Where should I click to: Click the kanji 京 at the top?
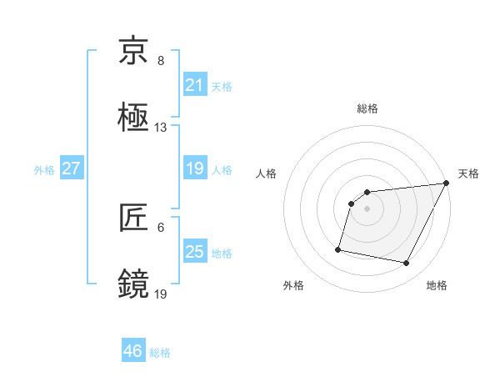click(x=134, y=53)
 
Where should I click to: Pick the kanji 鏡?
click(x=134, y=284)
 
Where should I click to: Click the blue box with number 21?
click(x=194, y=85)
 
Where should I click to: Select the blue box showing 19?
click(x=194, y=168)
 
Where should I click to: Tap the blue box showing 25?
click(x=194, y=252)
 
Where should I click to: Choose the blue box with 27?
click(x=71, y=168)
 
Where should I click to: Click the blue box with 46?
click(x=132, y=351)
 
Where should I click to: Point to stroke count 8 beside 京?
click(x=161, y=61)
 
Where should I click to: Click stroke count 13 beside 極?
click(x=161, y=128)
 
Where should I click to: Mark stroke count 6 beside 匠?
click(x=161, y=227)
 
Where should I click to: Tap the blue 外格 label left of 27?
click(x=44, y=169)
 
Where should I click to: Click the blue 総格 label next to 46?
click(x=160, y=352)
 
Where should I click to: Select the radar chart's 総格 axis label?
click(x=367, y=108)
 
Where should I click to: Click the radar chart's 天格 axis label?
click(x=468, y=173)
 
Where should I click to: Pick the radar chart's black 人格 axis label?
click(x=267, y=173)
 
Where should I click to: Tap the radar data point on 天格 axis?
click(x=446, y=183)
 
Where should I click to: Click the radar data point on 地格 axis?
click(x=407, y=264)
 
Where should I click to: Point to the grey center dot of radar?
click(x=367, y=208)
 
